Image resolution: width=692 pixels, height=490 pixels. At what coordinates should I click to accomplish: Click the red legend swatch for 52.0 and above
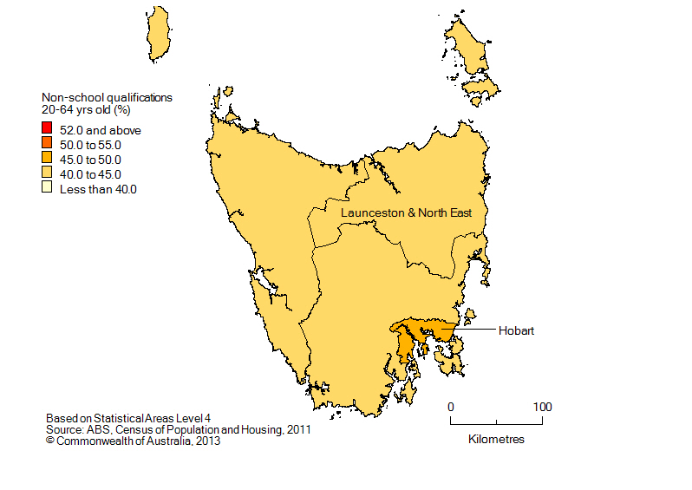pyautogui.click(x=47, y=130)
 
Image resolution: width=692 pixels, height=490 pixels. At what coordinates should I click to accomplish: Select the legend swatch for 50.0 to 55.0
pyautogui.click(x=47, y=145)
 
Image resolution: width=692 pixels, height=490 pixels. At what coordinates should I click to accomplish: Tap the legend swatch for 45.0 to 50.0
pyautogui.click(x=47, y=160)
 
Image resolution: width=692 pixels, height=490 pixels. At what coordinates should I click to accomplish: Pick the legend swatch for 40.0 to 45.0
pyautogui.click(x=47, y=174)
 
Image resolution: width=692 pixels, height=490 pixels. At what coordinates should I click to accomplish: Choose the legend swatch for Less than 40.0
pyautogui.click(x=47, y=189)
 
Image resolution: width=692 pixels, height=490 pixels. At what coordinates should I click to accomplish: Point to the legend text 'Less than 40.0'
pyautogui.click(x=98, y=189)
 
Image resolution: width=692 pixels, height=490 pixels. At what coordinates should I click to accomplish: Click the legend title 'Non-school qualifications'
pyautogui.click(x=107, y=98)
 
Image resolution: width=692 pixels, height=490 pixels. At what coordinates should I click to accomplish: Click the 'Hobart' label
pyautogui.click(x=516, y=330)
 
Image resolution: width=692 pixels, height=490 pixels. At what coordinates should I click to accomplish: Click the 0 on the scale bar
pyautogui.click(x=450, y=406)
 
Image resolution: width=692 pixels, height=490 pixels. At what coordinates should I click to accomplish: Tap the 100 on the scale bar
pyautogui.click(x=542, y=406)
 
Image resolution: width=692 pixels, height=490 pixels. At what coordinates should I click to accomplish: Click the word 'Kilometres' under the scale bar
pyautogui.click(x=496, y=440)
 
